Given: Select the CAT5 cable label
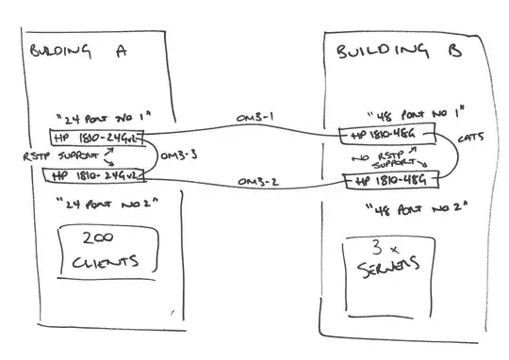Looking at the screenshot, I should [x=471, y=139].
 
